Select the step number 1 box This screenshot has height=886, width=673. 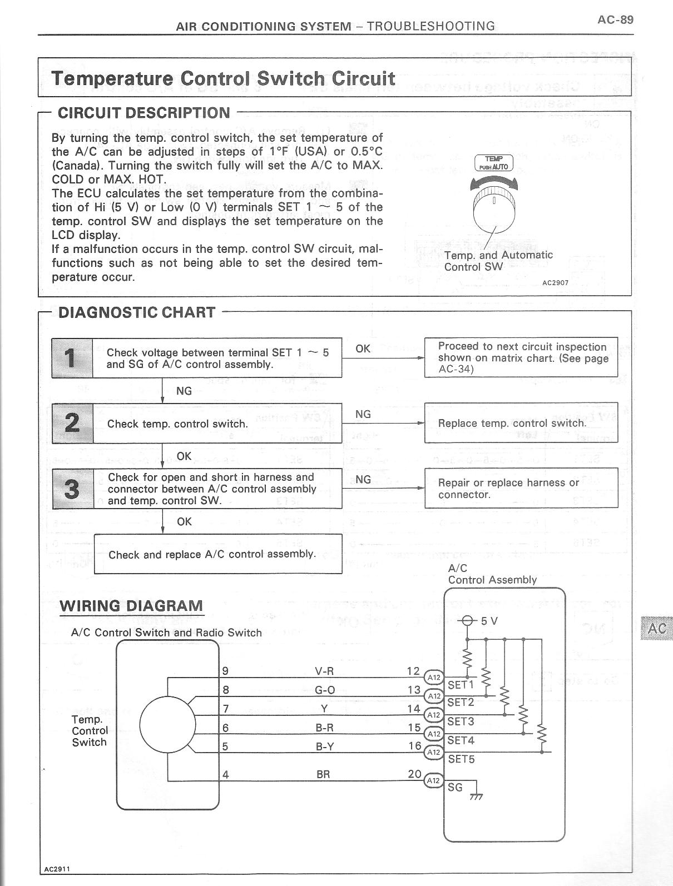[72, 357]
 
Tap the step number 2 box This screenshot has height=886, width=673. [72, 423]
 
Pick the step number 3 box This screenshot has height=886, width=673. [72, 489]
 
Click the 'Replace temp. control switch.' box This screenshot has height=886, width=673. [521, 423]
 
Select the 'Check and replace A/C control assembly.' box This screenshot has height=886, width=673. [217, 554]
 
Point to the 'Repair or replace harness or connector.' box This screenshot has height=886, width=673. [521, 489]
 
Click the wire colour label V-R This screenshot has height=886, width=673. [324, 671]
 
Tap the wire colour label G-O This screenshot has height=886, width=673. [324, 690]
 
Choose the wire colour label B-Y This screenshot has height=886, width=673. [324, 746]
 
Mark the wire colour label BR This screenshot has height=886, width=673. [323, 774]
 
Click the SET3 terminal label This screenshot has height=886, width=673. [461, 721]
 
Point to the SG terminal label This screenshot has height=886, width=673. [454, 787]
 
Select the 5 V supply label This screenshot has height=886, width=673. [489, 621]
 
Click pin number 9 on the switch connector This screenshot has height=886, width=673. [225, 671]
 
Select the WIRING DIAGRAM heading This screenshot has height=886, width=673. [131, 606]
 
